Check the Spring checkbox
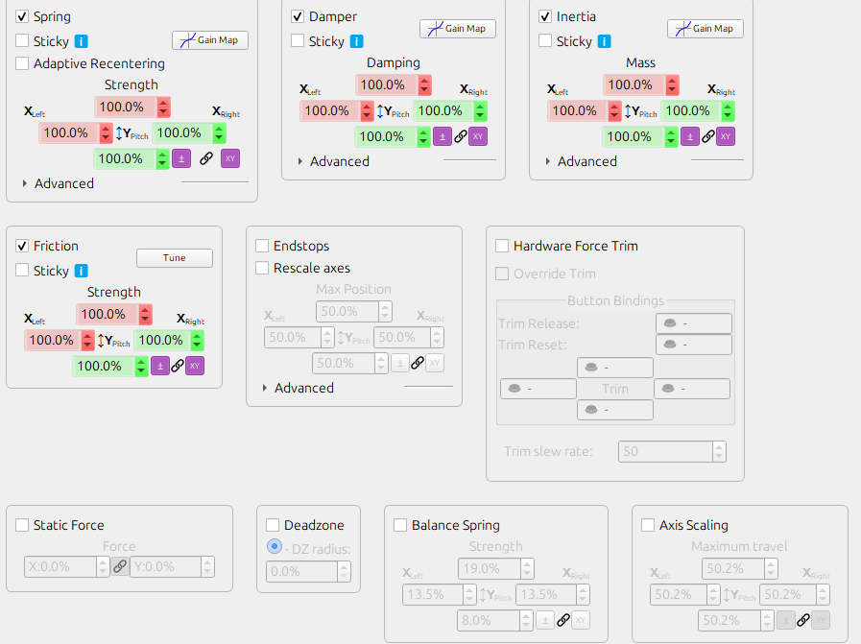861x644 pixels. click(x=22, y=17)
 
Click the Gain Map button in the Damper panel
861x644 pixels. click(x=457, y=29)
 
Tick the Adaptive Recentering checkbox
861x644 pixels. click(x=22, y=63)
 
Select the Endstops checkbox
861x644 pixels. click(x=262, y=247)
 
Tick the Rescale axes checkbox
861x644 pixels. click(x=262, y=269)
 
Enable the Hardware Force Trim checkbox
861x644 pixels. click(x=502, y=247)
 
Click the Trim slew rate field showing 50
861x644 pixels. click(x=664, y=451)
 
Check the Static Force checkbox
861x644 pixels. click(x=22, y=526)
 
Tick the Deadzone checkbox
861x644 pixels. click(x=273, y=526)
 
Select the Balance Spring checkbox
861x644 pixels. click(x=400, y=526)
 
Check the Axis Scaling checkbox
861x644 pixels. click(x=648, y=526)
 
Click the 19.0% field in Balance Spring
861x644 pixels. click(x=487, y=569)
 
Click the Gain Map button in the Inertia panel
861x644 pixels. click(x=705, y=29)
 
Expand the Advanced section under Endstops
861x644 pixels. click(x=265, y=389)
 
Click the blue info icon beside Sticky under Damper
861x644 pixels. click(x=357, y=41)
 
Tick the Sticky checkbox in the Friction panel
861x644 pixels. click(x=22, y=272)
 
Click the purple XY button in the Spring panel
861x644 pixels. click(x=230, y=158)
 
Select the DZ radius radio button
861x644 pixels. click(x=275, y=547)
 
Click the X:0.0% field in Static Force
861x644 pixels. click(x=59, y=567)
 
